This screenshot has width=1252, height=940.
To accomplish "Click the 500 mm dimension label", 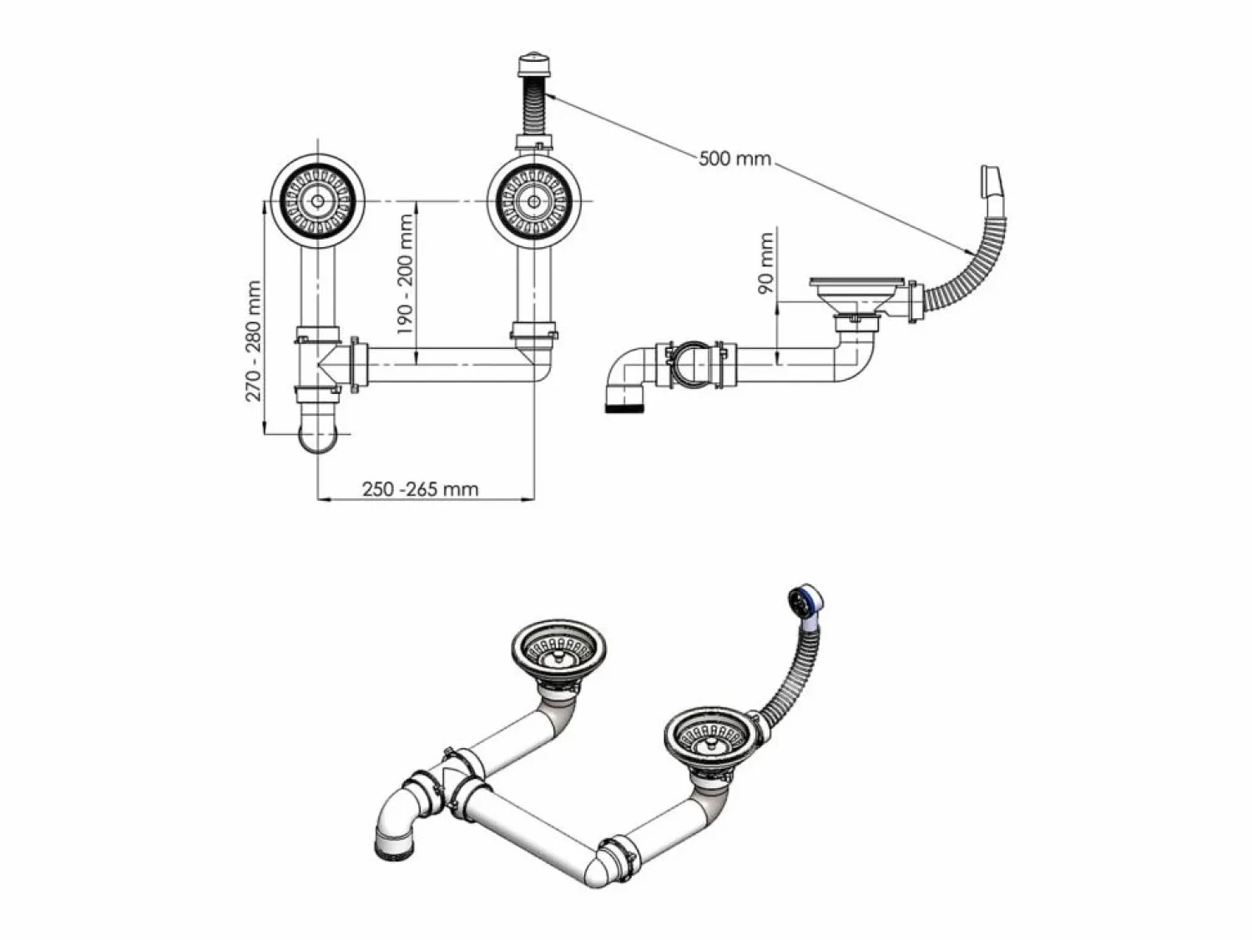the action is tap(735, 158).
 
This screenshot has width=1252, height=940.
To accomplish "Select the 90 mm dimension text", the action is tap(765, 263).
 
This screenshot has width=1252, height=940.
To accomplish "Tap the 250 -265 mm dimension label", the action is tap(421, 489).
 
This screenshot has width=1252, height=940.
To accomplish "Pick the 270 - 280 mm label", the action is tap(253, 341).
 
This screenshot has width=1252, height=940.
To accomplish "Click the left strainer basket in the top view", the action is tap(318, 201).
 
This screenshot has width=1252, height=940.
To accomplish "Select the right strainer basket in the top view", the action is tap(534, 201).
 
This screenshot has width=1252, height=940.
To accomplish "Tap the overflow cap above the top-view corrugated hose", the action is tap(534, 66).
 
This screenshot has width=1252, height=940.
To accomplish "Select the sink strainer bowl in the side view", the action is tap(857, 296).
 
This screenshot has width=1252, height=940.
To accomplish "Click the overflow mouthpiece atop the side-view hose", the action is tap(990, 179).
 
